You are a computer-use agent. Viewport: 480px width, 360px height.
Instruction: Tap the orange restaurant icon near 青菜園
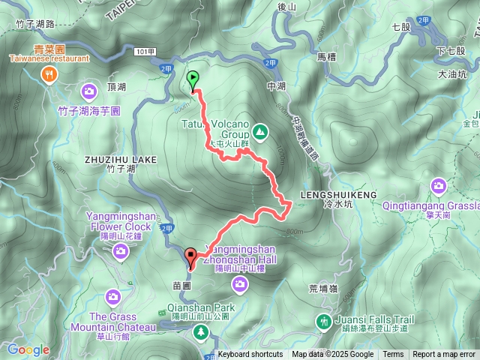(50, 73)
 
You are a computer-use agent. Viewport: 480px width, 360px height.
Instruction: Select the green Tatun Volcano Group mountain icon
(259, 132)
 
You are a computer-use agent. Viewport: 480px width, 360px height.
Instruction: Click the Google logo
(28, 349)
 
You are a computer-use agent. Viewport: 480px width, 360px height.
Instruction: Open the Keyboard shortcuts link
(250, 355)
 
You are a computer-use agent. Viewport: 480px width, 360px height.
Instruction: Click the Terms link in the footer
(393, 355)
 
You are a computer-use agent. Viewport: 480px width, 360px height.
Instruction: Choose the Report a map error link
(444, 355)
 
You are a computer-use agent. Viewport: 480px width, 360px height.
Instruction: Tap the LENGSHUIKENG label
(339, 194)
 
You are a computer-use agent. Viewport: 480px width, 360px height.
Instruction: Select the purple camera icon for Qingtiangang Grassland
(439, 185)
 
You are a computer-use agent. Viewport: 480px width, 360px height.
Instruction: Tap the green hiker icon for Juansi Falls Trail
(323, 321)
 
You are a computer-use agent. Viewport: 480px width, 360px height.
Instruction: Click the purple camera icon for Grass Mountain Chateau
(112, 297)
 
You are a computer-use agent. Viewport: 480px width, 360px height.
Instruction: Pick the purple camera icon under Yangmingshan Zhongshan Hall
(240, 283)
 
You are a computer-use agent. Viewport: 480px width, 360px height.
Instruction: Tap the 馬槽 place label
(325, 56)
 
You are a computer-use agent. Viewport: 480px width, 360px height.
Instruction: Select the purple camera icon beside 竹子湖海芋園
(89, 92)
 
